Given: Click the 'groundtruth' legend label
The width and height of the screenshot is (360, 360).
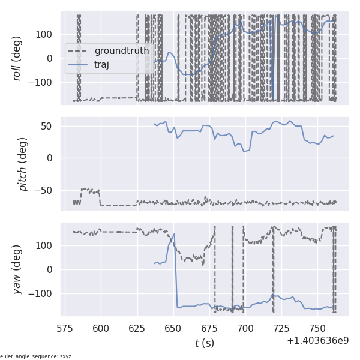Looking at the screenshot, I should (121, 51).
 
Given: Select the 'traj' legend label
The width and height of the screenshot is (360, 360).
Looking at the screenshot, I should (101, 65).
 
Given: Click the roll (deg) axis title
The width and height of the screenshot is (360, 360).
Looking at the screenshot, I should (17, 58).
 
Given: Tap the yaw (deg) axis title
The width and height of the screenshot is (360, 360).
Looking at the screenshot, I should (17, 269).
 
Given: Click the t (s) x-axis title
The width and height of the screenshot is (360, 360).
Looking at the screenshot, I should (204, 343).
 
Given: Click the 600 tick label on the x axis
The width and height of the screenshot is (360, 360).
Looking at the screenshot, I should (101, 328).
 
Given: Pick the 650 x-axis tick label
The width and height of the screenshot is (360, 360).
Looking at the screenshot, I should (173, 328).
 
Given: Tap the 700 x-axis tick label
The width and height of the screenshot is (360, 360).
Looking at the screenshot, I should (245, 328).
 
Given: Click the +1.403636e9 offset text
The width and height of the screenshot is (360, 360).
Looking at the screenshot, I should (317, 341).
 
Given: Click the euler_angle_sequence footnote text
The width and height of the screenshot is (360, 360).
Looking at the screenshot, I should (36, 356).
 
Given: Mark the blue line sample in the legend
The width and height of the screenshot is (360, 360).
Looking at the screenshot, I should (78, 65).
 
